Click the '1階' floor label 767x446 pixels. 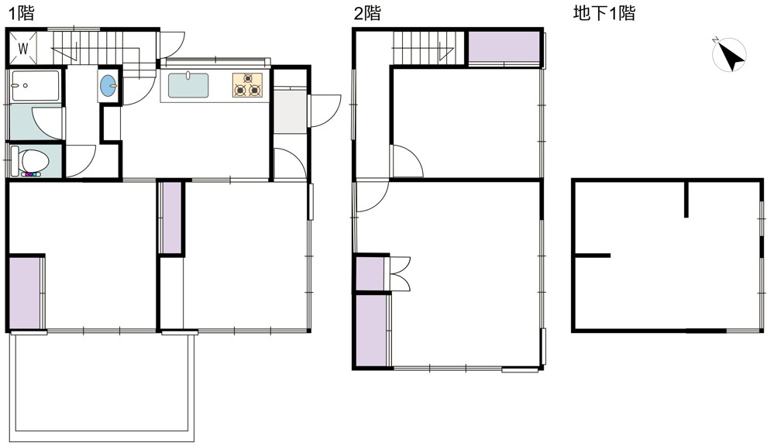click(22, 13)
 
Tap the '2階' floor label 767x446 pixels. click(367, 13)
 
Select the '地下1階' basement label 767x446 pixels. click(604, 13)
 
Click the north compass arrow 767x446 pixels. click(732, 57)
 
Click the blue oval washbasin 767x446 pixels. click(108, 86)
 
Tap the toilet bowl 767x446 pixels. click(30, 160)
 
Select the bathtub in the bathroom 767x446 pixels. click(35, 86)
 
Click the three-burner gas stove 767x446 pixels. click(247, 84)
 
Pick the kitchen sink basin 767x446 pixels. click(188, 85)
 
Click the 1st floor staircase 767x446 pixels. click(98, 48)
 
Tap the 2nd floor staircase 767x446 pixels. click(428, 48)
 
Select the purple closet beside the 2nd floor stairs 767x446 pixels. click(504, 47)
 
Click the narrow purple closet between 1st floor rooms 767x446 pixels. click(170, 217)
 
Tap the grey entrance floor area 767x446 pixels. click(290, 110)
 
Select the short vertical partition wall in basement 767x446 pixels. click(686, 199)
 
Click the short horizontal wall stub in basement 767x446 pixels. click(593, 256)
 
